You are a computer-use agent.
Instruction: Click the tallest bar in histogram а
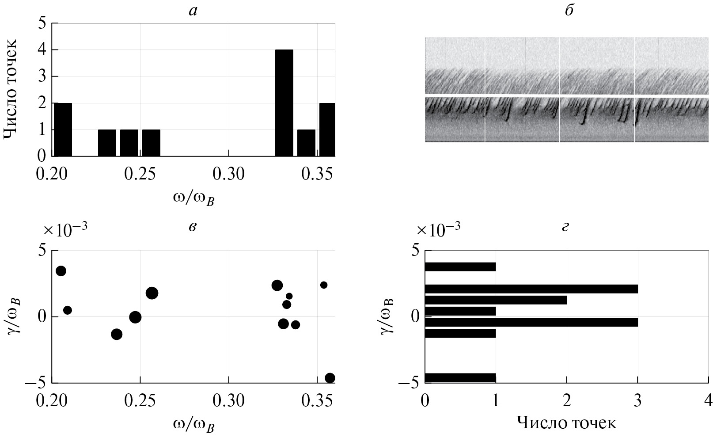click(x=284, y=103)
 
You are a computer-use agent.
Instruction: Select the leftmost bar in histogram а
click(x=62, y=129)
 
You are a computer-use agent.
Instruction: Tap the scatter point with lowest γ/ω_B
click(x=330, y=378)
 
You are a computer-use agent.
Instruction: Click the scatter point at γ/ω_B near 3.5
click(x=61, y=271)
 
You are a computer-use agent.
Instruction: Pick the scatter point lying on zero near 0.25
click(x=135, y=317)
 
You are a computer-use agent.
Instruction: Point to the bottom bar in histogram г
click(x=460, y=378)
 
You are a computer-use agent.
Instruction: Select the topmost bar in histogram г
click(x=460, y=267)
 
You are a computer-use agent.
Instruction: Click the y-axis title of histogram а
click(x=11, y=89)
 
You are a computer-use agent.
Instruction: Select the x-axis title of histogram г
click(x=566, y=423)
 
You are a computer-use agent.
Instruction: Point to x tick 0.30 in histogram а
click(x=229, y=174)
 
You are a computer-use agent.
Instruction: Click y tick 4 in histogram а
click(x=42, y=50)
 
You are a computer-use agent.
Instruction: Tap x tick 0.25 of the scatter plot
click(x=140, y=401)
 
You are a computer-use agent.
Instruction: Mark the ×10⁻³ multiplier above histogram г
click(x=440, y=229)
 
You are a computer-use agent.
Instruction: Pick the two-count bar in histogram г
click(x=496, y=300)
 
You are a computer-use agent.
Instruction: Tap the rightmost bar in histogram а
click(x=327, y=129)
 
